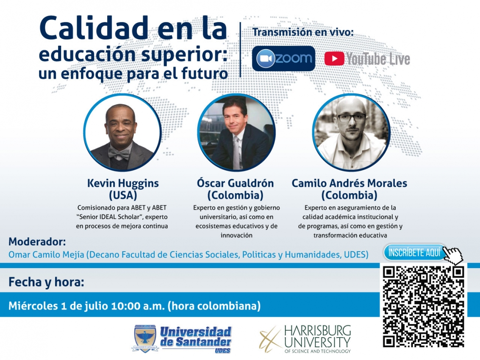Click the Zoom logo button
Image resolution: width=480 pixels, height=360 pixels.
pyautogui.click(x=283, y=58)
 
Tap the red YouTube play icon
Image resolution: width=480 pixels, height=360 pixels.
pyautogui.click(x=334, y=59)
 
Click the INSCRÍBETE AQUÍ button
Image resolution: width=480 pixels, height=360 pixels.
pyautogui.click(x=414, y=253)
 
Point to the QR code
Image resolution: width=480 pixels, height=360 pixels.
pyautogui.click(x=424, y=307)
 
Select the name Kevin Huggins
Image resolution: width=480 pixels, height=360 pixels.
pyautogui.click(x=123, y=183)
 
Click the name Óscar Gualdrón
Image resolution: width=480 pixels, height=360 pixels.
pyautogui.click(x=235, y=183)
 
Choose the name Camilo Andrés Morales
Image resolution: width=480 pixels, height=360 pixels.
pyautogui.click(x=349, y=183)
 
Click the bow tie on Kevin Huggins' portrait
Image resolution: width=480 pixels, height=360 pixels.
pyautogui.click(x=119, y=153)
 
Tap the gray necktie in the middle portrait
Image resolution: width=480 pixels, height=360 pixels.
pyautogui.click(x=236, y=152)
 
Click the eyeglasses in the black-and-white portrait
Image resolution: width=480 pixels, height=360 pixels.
pyautogui.click(x=352, y=118)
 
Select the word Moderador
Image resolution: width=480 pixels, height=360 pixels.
pyautogui.click(x=37, y=241)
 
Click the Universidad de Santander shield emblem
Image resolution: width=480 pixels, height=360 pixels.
pyautogui.click(x=145, y=338)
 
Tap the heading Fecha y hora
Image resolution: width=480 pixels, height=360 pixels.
pyautogui.click(x=46, y=282)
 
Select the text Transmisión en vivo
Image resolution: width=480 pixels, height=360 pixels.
pyautogui.click(x=303, y=32)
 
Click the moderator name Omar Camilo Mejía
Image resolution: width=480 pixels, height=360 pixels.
pyautogui.click(x=46, y=255)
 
